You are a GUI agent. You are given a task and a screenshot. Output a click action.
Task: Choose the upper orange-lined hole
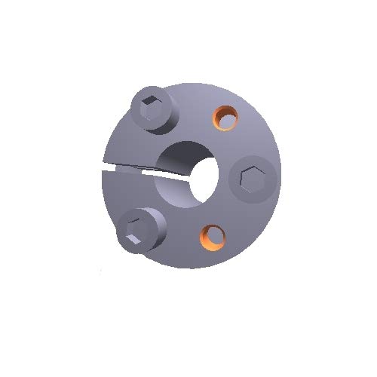point(225,116)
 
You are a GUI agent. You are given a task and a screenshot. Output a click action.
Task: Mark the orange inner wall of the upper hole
point(220,114)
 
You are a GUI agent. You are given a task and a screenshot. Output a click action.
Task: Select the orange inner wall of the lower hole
point(206,236)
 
